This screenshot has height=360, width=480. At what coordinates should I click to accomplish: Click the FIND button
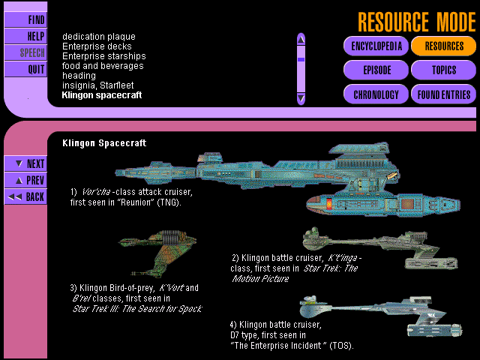pyautogui.click(x=25, y=19)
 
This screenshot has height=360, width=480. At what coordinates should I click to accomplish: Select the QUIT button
pyautogui.click(x=25, y=69)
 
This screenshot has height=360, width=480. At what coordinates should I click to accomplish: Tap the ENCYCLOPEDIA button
pyautogui.click(x=376, y=46)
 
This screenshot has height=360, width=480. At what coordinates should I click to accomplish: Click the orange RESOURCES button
pyautogui.click(x=443, y=46)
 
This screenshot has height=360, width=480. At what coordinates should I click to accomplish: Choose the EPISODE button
pyautogui.click(x=376, y=70)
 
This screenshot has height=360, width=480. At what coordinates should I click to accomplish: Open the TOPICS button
pyautogui.click(x=443, y=70)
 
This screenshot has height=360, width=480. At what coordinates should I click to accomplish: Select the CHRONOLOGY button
pyautogui.click(x=376, y=94)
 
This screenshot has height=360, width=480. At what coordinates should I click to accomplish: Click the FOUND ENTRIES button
pyautogui.click(x=443, y=94)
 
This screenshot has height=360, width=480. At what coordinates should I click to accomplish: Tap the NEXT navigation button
pyautogui.click(x=25, y=163)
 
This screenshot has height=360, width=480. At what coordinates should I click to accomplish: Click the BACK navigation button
pyautogui.click(x=25, y=196)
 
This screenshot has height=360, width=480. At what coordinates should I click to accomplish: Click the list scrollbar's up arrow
pyautogui.click(x=301, y=39)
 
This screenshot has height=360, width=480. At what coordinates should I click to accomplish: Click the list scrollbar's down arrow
pyautogui.click(x=301, y=98)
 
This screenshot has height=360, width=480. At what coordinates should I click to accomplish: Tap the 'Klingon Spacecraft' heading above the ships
pyautogui.click(x=104, y=142)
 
